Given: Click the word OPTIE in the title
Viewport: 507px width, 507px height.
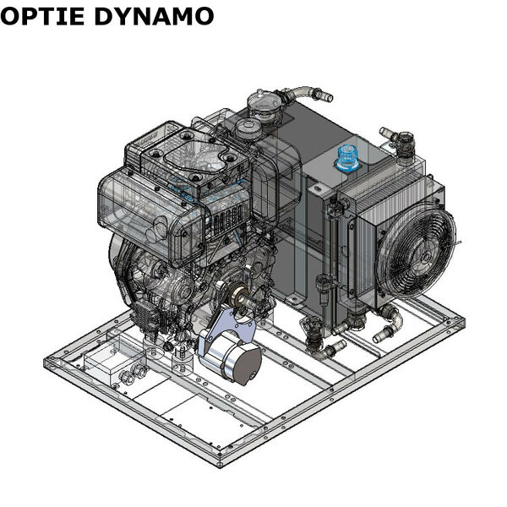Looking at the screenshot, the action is tap(43, 16).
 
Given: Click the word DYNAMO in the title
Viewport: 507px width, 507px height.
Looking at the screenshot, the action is tap(155, 16).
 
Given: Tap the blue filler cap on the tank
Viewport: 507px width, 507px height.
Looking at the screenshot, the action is tap(347, 158).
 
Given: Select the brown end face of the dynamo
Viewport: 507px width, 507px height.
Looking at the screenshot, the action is tap(249, 363).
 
